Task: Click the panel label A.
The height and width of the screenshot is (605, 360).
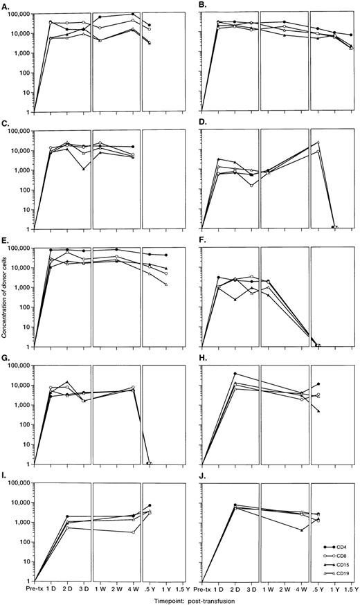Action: [x=6, y=6]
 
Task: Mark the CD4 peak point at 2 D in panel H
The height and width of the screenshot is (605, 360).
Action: [x=235, y=374]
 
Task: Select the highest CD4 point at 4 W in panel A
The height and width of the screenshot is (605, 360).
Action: [x=133, y=14]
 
